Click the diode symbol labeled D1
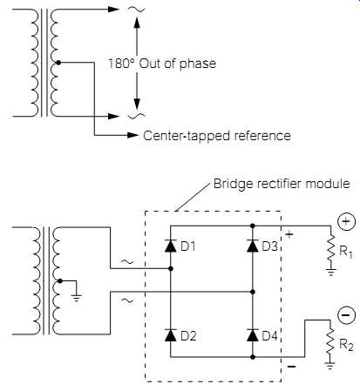[x=171, y=246]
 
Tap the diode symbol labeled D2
[x=171, y=335]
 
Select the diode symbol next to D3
[x=253, y=246]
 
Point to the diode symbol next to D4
[x=253, y=335]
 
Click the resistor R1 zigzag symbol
[x=330, y=247]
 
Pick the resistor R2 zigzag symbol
[x=330, y=341]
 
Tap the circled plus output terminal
[x=346, y=221]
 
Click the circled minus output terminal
[x=346, y=315]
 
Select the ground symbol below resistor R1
[x=330, y=273]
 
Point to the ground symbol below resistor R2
[x=330, y=366]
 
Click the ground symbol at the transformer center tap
[x=77, y=299]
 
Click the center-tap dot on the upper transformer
[x=58, y=63]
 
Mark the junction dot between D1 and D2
[x=171, y=269]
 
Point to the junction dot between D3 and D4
[x=253, y=292]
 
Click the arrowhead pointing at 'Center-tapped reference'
[x=133, y=135]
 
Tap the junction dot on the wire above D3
[x=253, y=226]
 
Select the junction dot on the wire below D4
[x=253, y=357]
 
